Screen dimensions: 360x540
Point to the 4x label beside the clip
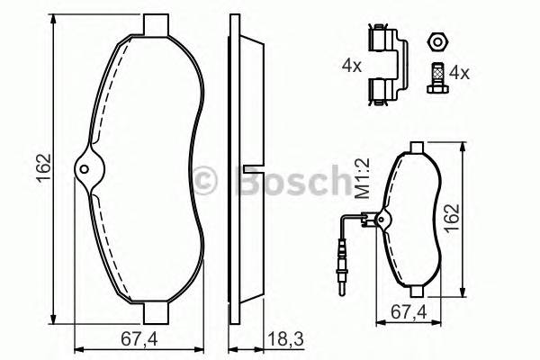349,65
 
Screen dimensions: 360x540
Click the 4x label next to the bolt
460,72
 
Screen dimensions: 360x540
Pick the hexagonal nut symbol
436,40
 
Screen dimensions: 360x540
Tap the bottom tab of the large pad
157,314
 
